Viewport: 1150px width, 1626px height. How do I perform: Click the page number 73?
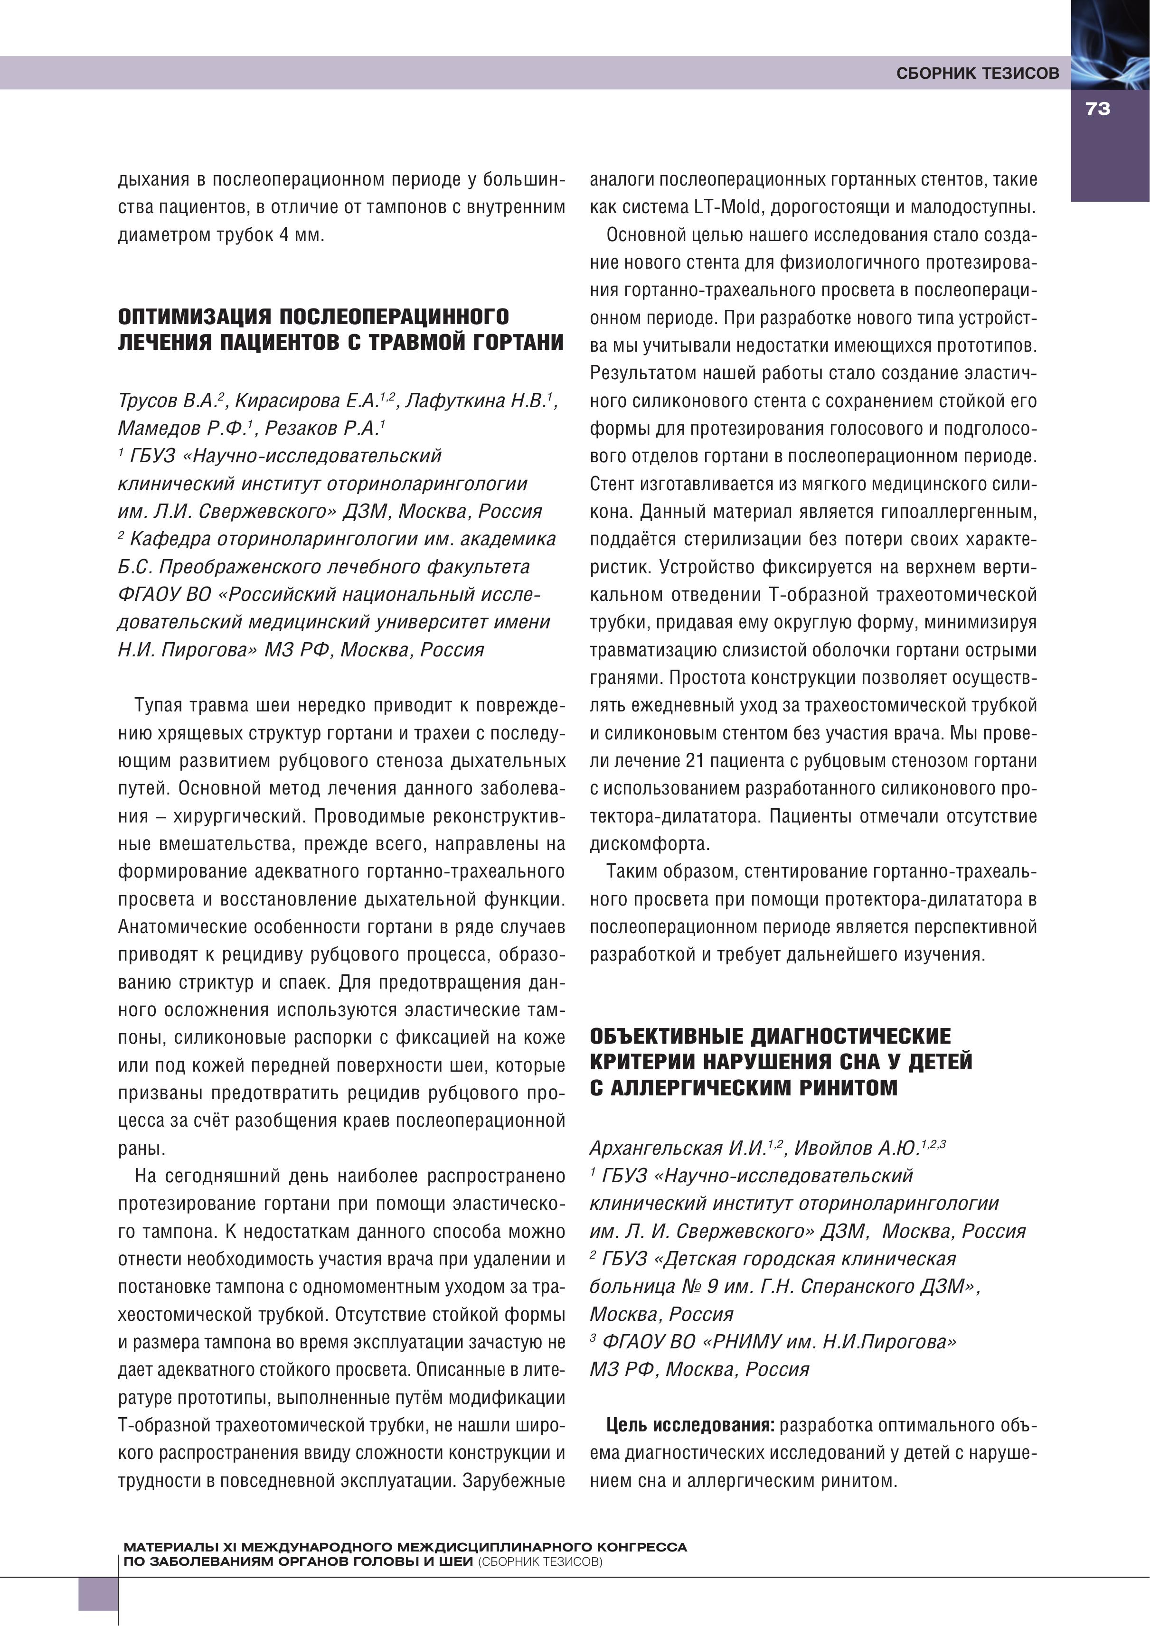pyautogui.click(x=1098, y=109)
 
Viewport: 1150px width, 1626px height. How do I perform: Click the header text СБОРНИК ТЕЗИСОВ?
pyautogui.click(x=977, y=74)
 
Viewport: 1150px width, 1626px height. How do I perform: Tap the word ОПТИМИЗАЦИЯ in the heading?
pyautogui.click(x=193, y=317)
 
